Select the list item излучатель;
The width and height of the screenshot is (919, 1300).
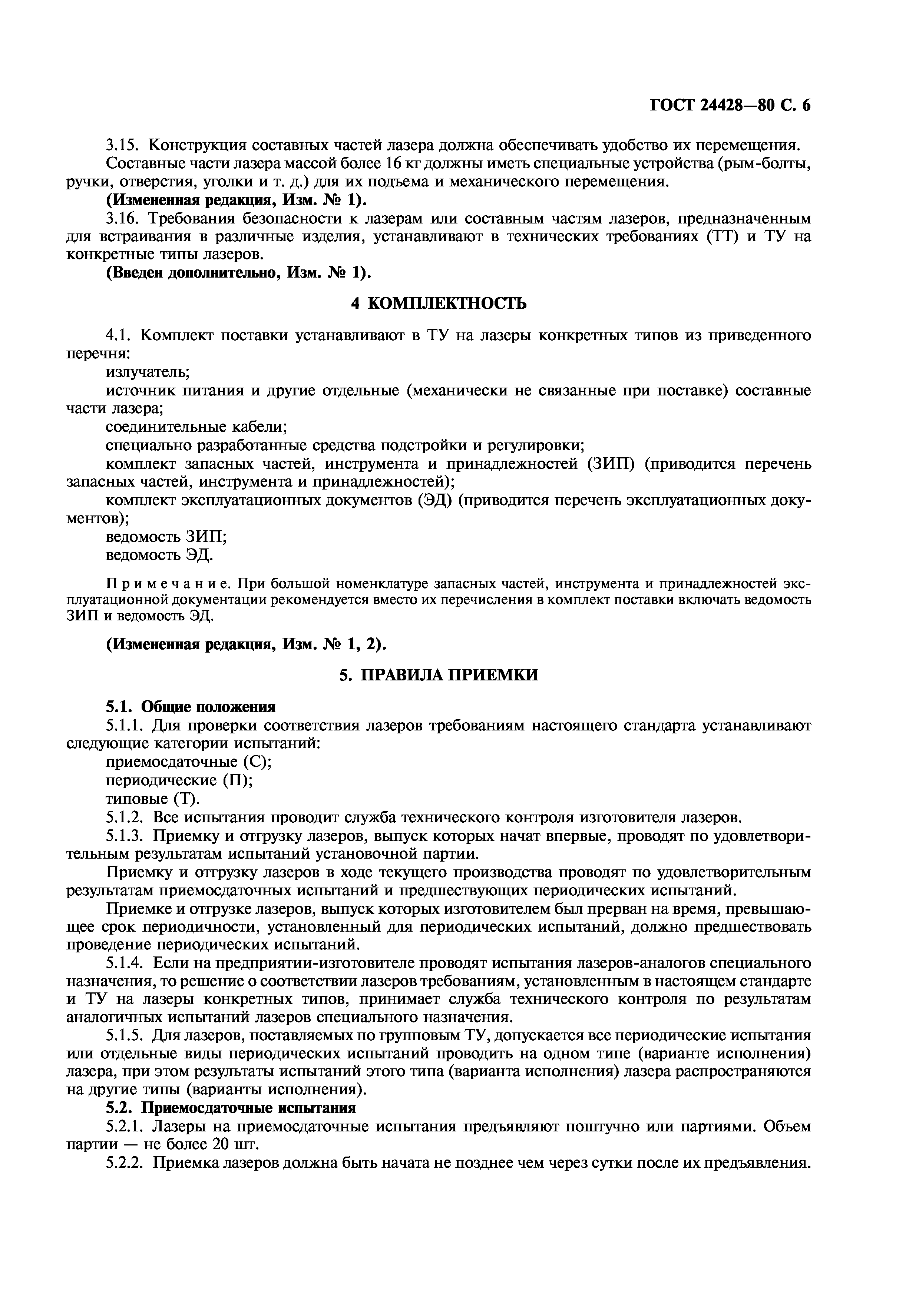147,371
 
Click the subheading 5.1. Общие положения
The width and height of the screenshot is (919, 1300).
191,707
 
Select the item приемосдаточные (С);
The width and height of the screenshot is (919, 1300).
189,762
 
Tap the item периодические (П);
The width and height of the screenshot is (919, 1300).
179,780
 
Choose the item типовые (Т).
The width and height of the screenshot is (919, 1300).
153,798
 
